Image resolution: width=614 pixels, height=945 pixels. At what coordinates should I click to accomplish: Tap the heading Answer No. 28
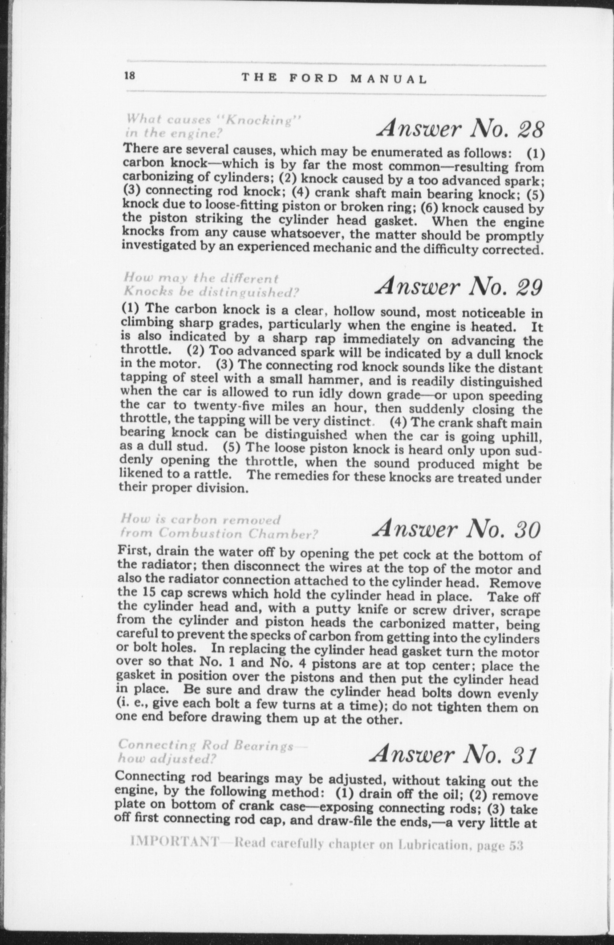point(460,128)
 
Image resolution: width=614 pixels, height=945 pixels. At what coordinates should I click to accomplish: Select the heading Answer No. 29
point(459,286)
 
